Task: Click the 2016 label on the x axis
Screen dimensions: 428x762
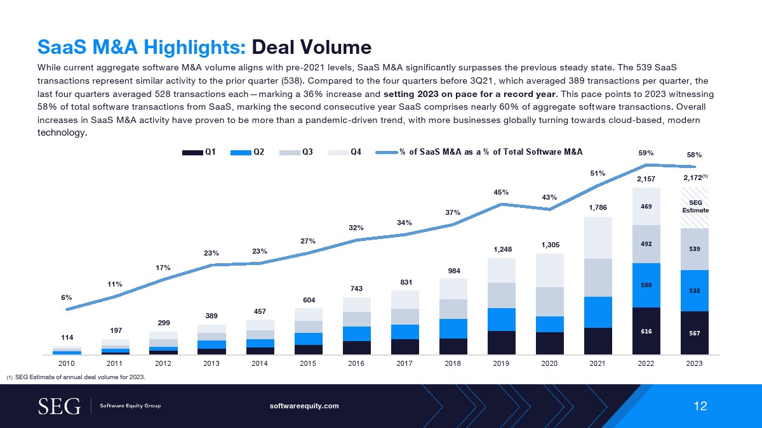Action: click(357, 364)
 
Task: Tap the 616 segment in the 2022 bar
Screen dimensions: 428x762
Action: click(646, 331)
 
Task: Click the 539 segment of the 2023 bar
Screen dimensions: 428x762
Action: click(694, 249)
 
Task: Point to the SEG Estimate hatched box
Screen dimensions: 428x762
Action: click(694, 207)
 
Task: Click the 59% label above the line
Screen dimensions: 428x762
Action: click(646, 153)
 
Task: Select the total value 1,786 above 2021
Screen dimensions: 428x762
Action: click(598, 206)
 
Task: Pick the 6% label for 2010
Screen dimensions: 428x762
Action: click(67, 297)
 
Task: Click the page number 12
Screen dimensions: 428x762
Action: click(700, 406)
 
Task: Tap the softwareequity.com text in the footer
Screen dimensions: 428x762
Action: click(305, 406)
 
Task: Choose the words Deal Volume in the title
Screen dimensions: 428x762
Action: click(311, 47)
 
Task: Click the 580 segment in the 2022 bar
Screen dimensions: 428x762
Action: click(646, 285)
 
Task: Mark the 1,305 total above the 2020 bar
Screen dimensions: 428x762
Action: click(550, 244)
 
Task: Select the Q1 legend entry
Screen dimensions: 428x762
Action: click(199, 152)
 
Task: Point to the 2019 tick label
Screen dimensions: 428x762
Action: click(502, 364)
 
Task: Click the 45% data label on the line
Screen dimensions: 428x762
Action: click(502, 192)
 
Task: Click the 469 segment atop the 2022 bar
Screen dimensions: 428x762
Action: click(646, 206)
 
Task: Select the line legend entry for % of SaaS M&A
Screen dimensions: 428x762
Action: click(479, 152)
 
